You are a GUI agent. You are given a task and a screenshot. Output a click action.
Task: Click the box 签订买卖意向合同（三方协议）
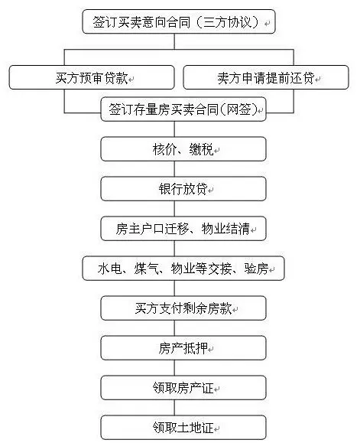[179, 21]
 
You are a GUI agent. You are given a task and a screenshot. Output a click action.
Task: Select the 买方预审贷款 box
[92, 77]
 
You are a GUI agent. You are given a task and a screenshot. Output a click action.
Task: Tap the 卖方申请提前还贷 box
[266, 77]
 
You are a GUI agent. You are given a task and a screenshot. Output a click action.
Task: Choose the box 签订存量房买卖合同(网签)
[183, 109]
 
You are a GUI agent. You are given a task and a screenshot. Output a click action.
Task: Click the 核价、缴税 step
[183, 149]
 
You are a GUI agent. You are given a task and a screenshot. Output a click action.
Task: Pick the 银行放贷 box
[183, 189]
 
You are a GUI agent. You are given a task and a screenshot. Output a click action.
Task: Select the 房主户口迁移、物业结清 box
[183, 229]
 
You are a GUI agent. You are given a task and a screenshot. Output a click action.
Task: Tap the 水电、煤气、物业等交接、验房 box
[183, 269]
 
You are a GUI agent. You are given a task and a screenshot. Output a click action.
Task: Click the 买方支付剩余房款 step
[183, 308]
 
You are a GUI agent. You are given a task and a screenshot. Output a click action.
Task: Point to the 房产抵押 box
[183, 348]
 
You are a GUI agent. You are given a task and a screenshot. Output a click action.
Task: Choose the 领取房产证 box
[183, 388]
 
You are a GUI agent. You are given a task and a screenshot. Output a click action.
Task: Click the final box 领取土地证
[183, 427]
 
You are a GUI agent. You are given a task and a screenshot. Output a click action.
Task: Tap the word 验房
[256, 269]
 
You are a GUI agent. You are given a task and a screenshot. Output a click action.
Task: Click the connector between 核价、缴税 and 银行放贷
[174, 169]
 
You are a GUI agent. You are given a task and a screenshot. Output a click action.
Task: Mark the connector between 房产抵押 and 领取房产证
[174, 367]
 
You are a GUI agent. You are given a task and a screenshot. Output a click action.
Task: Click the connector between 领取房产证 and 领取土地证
[174, 407]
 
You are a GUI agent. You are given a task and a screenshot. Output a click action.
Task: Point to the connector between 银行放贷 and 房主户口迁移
[174, 209]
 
